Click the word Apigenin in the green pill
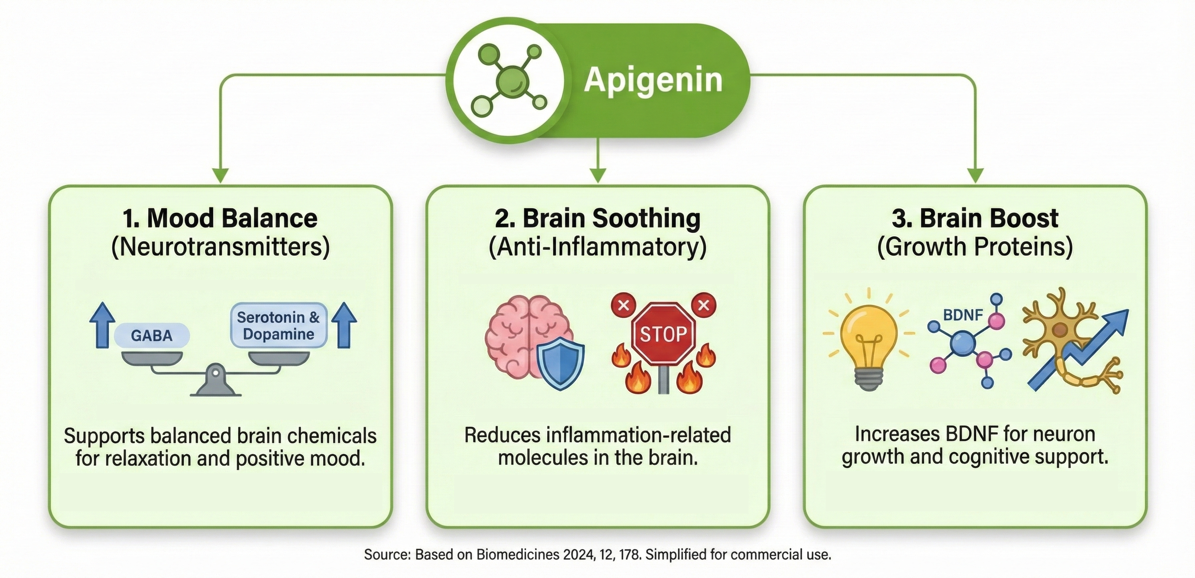653,80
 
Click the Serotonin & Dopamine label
278,326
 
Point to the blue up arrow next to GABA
102,325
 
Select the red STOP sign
663,334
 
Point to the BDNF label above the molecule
963,315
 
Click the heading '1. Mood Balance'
220,218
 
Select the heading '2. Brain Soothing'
597,218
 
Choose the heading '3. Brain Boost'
975,218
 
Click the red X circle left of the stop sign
624,305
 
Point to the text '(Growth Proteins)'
975,247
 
